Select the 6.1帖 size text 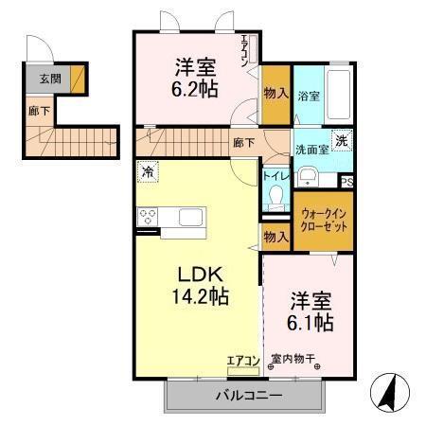click(x=311, y=323)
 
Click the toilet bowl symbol click(x=276, y=196)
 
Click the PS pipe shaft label click(x=346, y=183)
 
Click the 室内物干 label click(x=292, y=359)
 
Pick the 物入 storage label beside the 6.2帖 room click(x=275, y=93)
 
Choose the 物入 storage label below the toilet click(x=275, y=237)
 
